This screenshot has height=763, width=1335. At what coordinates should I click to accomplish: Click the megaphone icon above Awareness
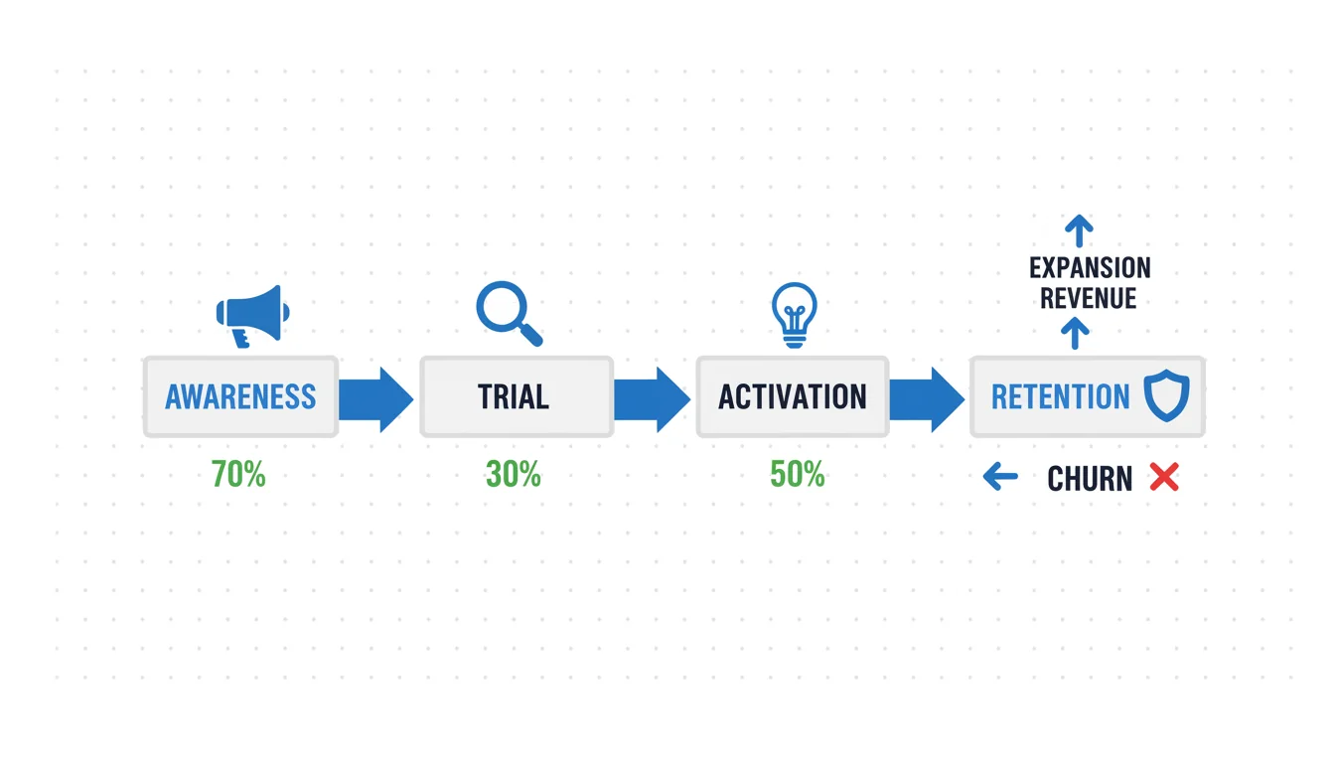pos(253,316)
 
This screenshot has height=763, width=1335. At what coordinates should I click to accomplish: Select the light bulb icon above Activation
pos(794,315)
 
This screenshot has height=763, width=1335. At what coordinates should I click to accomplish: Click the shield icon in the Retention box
pos(1166,395)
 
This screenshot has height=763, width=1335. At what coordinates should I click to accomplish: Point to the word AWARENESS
pos(240,397)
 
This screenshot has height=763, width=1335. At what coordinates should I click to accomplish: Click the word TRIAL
pos(514,397)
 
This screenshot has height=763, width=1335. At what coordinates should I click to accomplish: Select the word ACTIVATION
pos(792,397)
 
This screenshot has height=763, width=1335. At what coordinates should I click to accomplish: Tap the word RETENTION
pos(1060,397)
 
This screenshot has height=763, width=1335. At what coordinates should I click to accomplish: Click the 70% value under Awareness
pos(238,475)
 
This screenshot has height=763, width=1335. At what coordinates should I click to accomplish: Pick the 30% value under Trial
pos(514,475)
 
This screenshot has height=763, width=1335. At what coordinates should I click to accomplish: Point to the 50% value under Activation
pos(798,475)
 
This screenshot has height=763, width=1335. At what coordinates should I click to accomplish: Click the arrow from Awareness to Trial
pos(376,399)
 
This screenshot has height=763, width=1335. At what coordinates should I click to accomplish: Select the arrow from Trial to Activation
pos(653,399)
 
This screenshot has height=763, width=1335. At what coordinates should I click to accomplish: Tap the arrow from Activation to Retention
pos(928,399)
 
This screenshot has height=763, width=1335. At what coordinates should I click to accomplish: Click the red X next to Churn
pos(1164,477)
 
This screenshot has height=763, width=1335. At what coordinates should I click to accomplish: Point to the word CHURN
pos(1090,479)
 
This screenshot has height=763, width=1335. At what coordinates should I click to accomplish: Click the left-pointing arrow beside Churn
pos(1000,477)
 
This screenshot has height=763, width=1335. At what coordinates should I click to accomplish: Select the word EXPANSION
pos(1090,268)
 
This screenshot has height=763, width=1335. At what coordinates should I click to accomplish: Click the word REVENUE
pos(1089,298)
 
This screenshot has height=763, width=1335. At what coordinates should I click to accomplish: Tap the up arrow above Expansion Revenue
pos(1079,230)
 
